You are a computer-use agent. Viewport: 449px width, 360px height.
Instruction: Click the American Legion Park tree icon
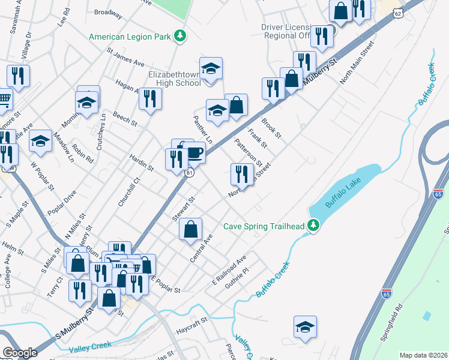pyautogui.click(x=179, y=37)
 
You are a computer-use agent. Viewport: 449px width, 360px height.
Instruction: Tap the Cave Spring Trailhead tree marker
pyautogui.click(x=312, y=226)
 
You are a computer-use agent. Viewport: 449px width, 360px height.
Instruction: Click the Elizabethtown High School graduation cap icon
pyautogui.click(x=211, y=69)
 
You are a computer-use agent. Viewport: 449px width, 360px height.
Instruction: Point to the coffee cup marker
pyautogui.click(x=194, y=152)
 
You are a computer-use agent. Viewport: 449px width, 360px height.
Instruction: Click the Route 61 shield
pyautogui.click(x=189, y=173)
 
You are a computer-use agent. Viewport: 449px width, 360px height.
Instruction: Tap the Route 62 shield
pyautogui.click(x=398, y=13)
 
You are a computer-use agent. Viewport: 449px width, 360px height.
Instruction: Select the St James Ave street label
pyautogui.click(x=125, y=58)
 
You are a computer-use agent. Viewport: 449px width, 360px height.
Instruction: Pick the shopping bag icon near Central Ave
pyautogui.click(x=190, y=230)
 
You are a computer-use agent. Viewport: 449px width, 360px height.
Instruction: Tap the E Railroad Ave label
pyautogui.click(x=229, y=271)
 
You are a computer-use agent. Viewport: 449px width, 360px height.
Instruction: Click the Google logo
pyautogui.click(x=20, y=353)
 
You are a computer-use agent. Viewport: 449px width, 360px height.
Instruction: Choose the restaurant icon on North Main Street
pyautogui.click(x=242, y=175)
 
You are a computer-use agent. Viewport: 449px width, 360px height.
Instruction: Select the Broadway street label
pyautogui.click(x=108, y=12)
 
